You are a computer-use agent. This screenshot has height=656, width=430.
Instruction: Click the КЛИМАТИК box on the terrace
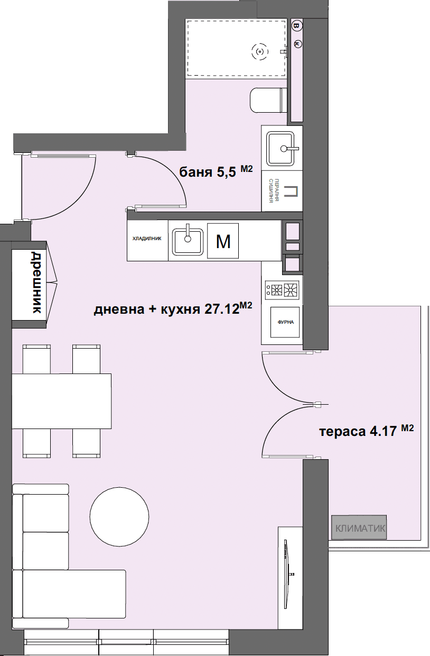pos(359,527)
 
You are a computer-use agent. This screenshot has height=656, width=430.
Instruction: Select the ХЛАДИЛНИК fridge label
pos(146,239)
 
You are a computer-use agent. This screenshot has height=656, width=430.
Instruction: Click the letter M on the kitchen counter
pos(223,241)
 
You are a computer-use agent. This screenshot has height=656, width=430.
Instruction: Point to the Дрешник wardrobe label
pos(35,283)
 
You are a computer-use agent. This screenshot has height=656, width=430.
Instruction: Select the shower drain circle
pos(259,51)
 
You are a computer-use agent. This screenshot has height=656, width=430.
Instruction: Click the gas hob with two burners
pos(282,289)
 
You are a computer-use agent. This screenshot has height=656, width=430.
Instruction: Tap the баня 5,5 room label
pos(207,172)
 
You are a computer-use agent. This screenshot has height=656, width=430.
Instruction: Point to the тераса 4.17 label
pos(358,431)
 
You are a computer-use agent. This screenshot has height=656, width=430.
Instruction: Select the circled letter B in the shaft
pos(296,25)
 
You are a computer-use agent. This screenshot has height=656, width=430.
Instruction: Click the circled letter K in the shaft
pos(296,44)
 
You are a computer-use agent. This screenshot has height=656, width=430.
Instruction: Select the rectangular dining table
pos(61,401)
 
